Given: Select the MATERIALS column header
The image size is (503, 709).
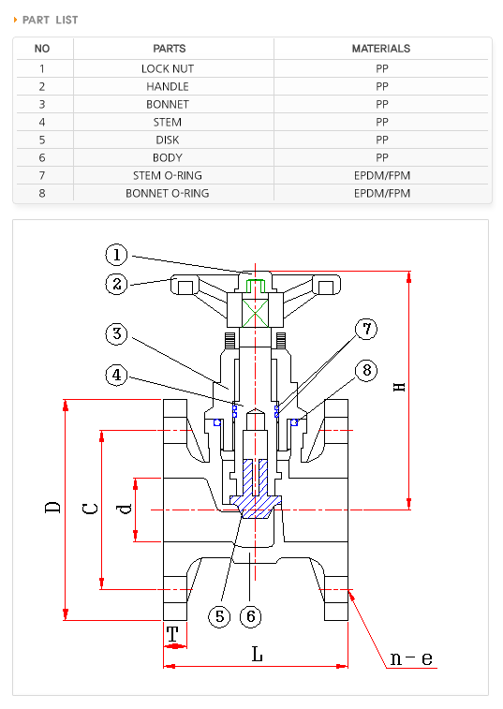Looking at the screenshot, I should tap(380, 49).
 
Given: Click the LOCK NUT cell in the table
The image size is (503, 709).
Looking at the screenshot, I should tap(168, 68).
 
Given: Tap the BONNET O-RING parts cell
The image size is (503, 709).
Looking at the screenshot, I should tap(168, 194).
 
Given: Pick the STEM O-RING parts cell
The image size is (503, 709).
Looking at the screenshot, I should tap(168, 175).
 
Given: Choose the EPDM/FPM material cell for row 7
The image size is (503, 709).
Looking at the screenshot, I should tap(381, 175).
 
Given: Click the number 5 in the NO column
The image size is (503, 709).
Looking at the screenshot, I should tap(42, 140).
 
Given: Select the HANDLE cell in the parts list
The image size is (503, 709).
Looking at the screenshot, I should tap(168, 86).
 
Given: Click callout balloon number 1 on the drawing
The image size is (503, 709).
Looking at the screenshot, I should tap(115, 254).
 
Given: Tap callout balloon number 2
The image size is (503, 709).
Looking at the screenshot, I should tap(115, 284).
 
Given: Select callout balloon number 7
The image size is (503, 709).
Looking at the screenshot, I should tap(366, 329).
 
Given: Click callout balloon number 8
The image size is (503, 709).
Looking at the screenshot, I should tap(366, 370).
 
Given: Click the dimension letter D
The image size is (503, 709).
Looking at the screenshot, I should tap(53, 507).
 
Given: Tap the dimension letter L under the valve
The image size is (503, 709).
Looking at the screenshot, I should tap(257, 655).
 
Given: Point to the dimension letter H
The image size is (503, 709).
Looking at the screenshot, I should tap(399, 385).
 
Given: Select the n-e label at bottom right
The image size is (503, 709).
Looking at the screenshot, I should tap(411, 658).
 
